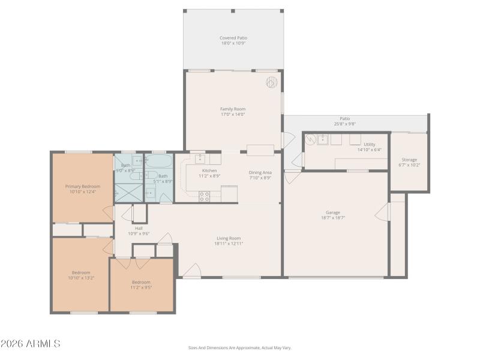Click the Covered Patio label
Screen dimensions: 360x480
233,38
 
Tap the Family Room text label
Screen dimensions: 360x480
233,109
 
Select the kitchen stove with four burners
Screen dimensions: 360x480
204,194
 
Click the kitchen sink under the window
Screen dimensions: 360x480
200,159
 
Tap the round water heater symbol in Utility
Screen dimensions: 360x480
310,139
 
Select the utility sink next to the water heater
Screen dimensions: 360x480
323,139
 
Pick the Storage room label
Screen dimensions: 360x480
409,160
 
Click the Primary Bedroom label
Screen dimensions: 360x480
83,187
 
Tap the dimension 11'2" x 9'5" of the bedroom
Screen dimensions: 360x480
141,287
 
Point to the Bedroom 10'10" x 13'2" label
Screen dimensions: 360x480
81,275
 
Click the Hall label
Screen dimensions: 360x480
139,229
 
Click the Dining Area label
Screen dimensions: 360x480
260,172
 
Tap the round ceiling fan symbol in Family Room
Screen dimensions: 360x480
271,82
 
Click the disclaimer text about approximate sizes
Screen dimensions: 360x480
240,347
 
